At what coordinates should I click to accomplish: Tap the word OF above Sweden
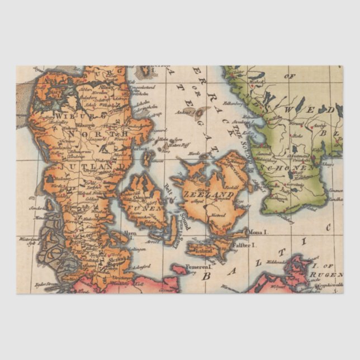290,75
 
